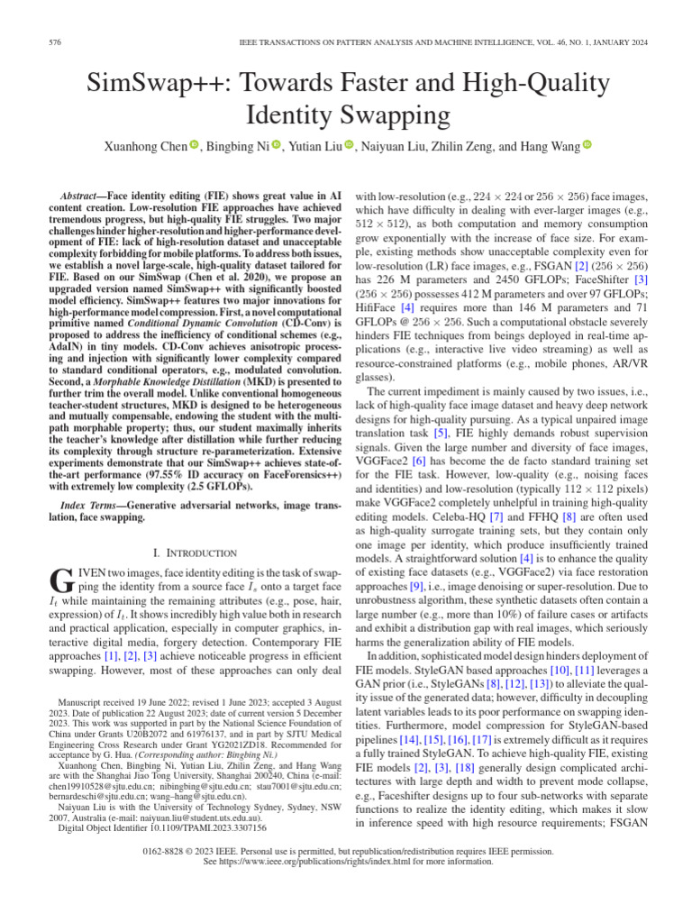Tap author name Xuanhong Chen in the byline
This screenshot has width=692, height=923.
[x=145, y=147]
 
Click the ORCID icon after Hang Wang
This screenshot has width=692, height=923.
[x=587, y=146]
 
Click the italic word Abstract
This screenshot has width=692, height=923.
[x=82, y=196]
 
